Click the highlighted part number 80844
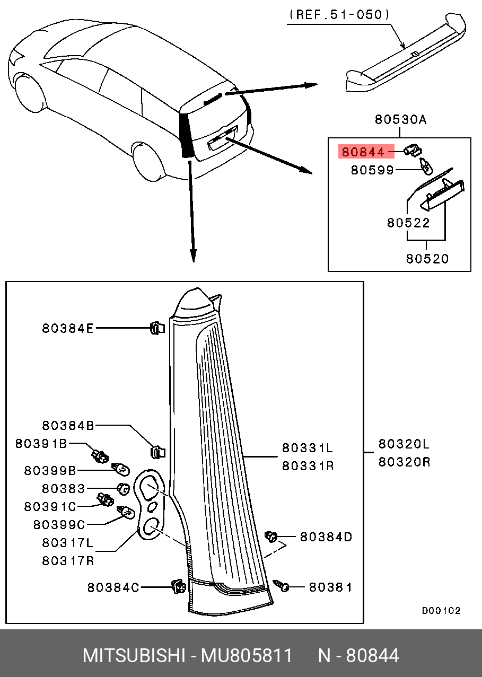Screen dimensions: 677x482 [x=363, y=152]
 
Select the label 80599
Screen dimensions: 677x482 [x=372, y=170]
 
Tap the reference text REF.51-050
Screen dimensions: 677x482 [x=339, y=15]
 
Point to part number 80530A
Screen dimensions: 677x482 [x=400, y=120]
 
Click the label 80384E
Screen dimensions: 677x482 [x=67, y=329]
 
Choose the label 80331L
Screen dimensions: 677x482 [x=307, y=449]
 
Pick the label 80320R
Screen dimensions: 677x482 [x=404, y=462]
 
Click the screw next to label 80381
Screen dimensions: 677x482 [x=282, y=585]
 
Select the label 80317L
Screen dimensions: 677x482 [x=67, y=543]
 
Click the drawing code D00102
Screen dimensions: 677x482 [x=441, y=611]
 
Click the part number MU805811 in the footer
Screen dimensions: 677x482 [x=246, y=656]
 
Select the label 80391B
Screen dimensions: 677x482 [x=41, y=443]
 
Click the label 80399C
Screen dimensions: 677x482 [x=59, y=524]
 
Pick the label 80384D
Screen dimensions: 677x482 [x=326, y=537]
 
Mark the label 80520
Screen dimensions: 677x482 [x=427, y=259]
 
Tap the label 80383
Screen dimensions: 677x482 [x=63, y=488]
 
